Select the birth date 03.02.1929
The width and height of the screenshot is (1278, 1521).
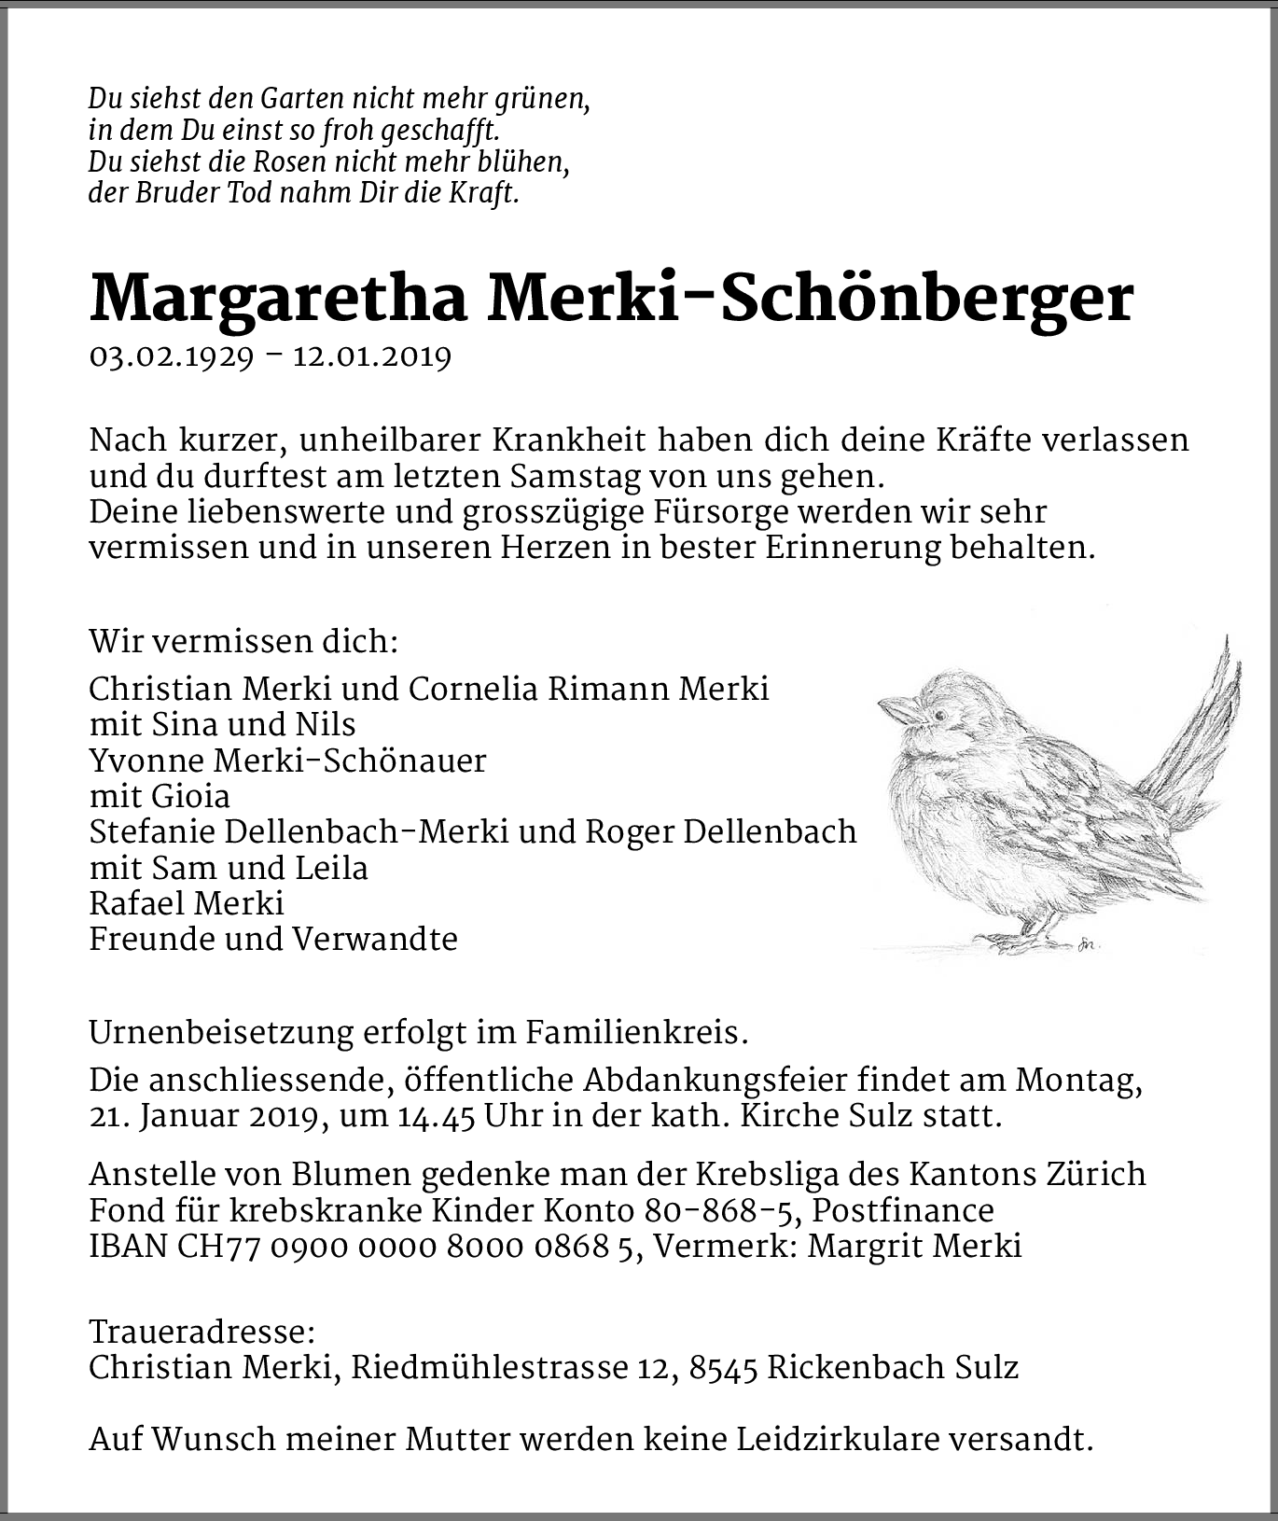(171, 356)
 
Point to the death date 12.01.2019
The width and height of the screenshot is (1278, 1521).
(372, 356)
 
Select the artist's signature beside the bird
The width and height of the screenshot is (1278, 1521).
(1087, 943)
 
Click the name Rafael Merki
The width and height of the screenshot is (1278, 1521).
(187, 903)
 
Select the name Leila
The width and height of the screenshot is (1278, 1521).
(331, 868)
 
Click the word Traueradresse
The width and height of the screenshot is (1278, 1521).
(201, 1331)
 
